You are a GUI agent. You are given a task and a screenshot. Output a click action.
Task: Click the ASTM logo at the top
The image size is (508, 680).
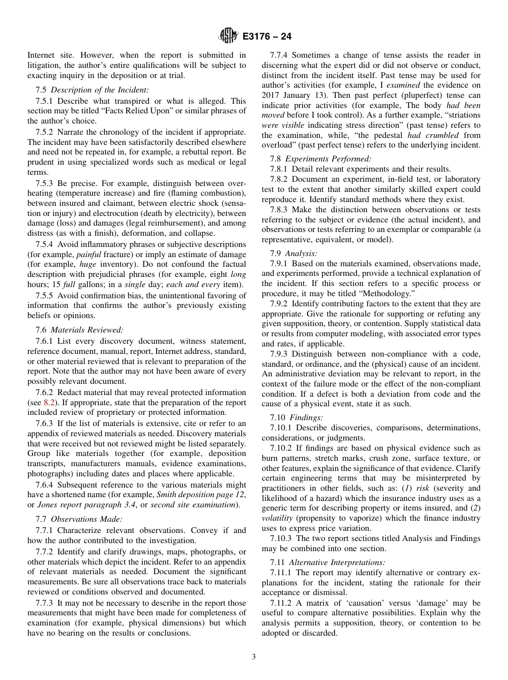tap(228, 36)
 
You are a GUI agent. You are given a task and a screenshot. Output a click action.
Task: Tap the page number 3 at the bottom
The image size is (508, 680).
tap(253, 657)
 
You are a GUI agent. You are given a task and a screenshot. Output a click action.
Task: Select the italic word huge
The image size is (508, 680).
tap(88, 264)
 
